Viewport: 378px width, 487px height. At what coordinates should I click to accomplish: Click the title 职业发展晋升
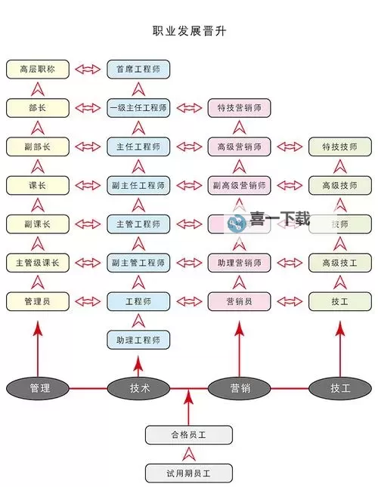(x=188, y=32)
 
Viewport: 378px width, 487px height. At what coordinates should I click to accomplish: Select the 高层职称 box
(x=37, y=69)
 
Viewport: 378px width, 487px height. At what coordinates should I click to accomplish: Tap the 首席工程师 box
(x=138, y=69)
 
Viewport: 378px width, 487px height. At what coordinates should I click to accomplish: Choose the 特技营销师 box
(x=239, y=107)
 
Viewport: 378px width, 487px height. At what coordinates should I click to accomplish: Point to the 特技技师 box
(x=339, y=146)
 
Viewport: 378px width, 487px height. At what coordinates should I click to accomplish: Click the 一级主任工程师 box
(x=138, y=107)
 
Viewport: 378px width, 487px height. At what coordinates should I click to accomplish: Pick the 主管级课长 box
(x=37, y=263)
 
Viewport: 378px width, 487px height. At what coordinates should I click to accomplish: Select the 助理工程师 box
(x=138, y=340)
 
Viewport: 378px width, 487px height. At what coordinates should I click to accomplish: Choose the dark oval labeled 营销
(x=240, y=388)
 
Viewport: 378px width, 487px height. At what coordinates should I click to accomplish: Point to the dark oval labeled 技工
(x=340, y=388)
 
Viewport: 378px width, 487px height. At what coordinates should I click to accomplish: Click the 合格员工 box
(x=189, y=435)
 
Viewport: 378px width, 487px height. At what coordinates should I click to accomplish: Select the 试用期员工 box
(x=189, y=473)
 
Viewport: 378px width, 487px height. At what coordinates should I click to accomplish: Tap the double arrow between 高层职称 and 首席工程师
(x=88, y=69)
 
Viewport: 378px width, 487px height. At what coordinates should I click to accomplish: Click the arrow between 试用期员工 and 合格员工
(x=189, y=454)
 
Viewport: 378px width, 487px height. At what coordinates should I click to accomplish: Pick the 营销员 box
(x=239, y=301)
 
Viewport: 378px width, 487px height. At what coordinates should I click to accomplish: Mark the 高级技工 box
(x=339, y=263)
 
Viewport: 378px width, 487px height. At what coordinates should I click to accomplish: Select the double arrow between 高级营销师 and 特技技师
(x=289, y=146)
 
